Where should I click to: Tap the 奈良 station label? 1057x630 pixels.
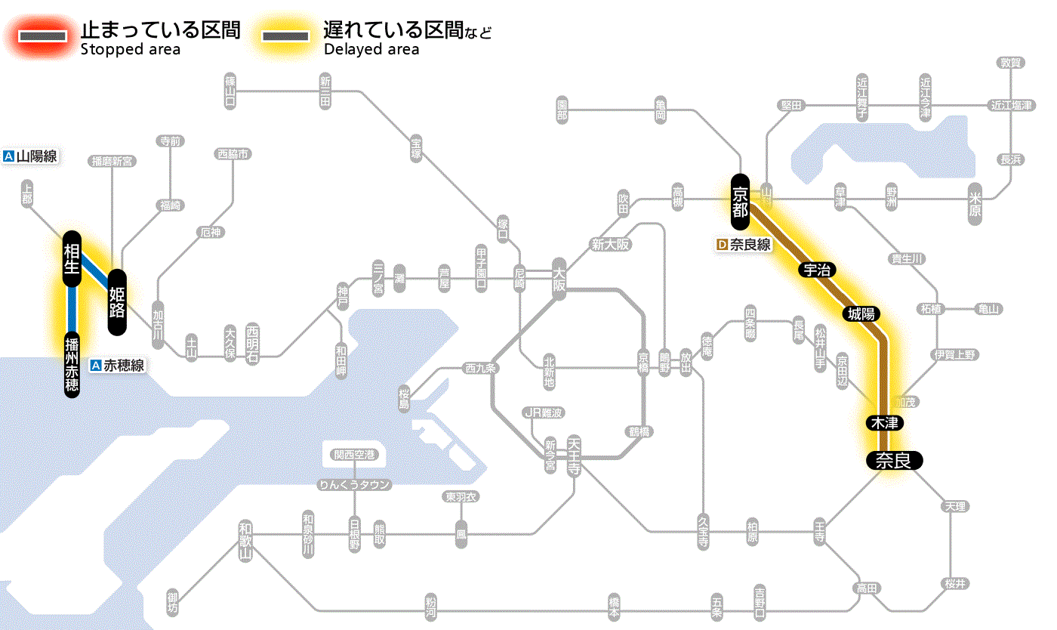pyautogui.click(x=894, y=460)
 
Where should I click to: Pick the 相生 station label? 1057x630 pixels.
pyautogui.click(x=72, y=258)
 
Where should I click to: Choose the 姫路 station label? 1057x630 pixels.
pyautogui.click(x=117, y=301)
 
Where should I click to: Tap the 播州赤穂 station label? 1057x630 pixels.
pyautogui.click(x=72, y=363)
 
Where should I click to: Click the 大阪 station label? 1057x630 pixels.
pyautogui.click(x=559, y=280)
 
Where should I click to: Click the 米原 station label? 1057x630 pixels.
pyautogui.click(x=975, y=204)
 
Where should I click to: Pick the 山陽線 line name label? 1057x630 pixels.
pyautogui.click(x=31, y=156)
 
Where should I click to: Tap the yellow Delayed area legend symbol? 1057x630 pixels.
pyautogui.click(x=285, y=36)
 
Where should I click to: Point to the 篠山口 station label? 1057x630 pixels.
pyautogui.click(x=230, y=91)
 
